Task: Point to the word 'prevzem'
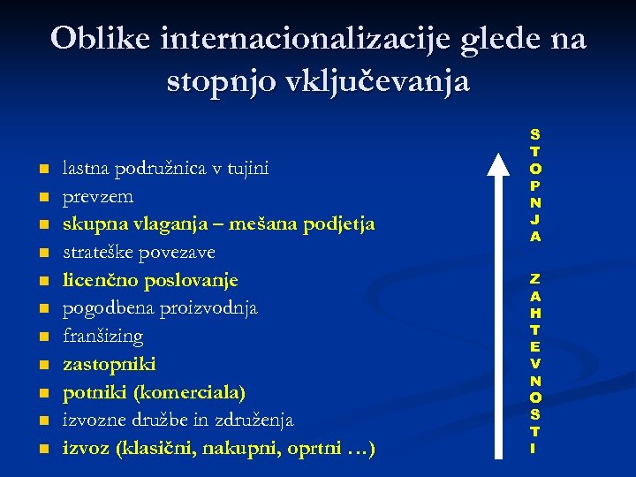point(97,196)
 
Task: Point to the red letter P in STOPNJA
point(535,185)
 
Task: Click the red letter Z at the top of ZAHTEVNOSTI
point(535,278)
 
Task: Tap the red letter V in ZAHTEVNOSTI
point(535,363)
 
